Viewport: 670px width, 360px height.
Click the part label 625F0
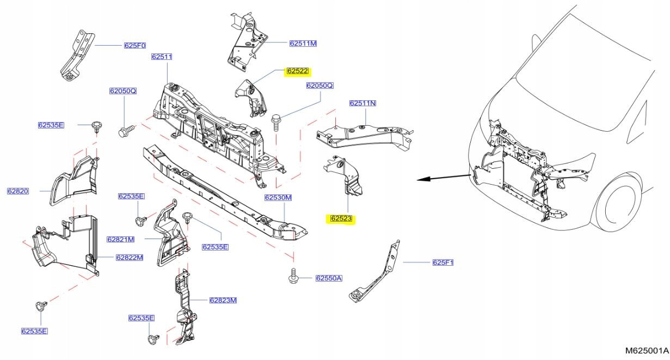[x=135, y=46]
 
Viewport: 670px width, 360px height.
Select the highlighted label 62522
[x=297, y=71]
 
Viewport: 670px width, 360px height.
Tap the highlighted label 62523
[x=341, y=219]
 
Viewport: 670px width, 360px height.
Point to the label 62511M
[x=303, y=44]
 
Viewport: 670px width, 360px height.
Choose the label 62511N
[x=363, y=103]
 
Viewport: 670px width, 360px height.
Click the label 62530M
[x=278, y=198]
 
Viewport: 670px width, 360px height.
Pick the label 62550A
[x=329, y=278]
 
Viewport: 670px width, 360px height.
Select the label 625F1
[x=443, y=263]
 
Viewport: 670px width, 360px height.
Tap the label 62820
[x=18, y=191]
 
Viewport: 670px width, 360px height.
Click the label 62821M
[x=121, y=240]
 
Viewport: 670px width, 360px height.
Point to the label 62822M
[x=130, y=258]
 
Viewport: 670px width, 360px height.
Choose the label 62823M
[x=223, y=300]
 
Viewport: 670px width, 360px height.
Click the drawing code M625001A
[x=647, y=350]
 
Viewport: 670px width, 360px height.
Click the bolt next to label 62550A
[x=293, y=276]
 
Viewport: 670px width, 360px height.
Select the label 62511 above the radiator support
[x=162, y=57]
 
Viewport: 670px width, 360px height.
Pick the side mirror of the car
[x=536, y=43]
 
